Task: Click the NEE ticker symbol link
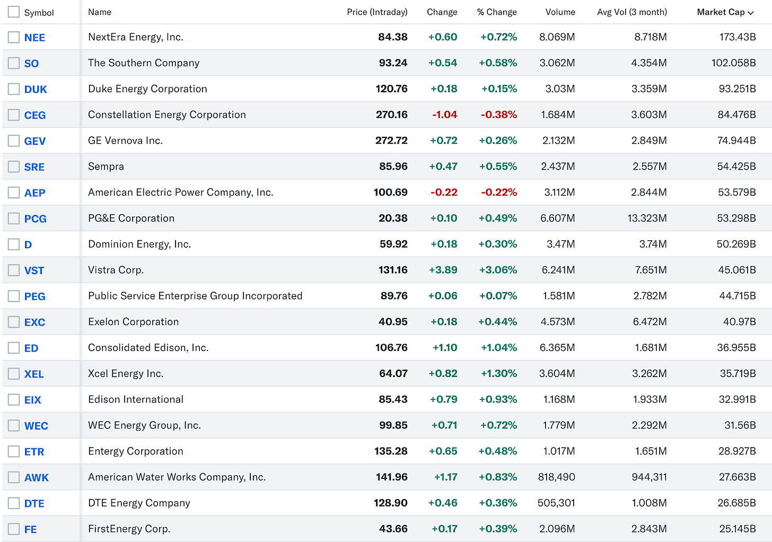point(34,38)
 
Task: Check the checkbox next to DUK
point(14,89)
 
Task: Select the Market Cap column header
point(720,12)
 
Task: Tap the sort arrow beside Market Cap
point(751,13)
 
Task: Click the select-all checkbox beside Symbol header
point(14,12)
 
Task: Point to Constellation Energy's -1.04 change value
point(444,115)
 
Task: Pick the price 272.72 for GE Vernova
point(391,141)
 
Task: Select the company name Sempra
point(106,167)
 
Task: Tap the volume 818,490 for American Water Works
point(556,477)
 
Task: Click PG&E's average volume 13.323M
point(647,218)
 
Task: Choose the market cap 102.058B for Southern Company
point(733,63)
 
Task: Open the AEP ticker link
point(34,193)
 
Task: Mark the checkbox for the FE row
point(14,529)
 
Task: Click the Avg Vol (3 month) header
point(632,12)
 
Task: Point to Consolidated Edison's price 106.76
point(391,348)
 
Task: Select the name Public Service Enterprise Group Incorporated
point(195,296)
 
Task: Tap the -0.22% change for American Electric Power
point(498,193)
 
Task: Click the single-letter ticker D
point(28,245)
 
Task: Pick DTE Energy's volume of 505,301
point(556,503)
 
